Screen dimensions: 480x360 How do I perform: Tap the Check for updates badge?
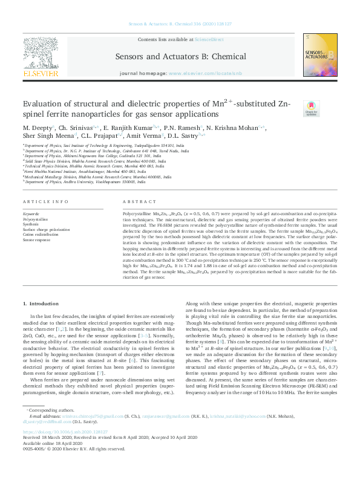311,108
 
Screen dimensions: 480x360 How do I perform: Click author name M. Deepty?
37,128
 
